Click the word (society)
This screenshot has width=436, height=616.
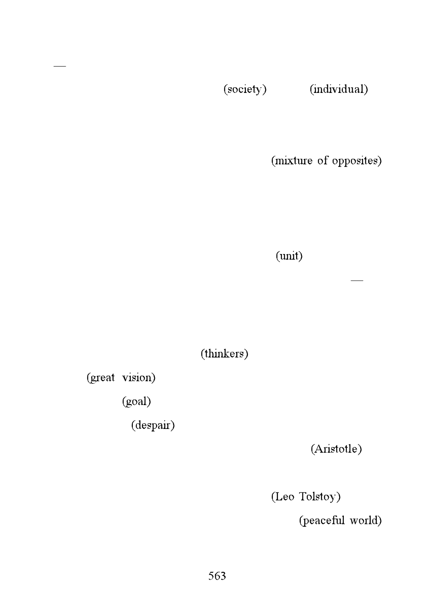point(245,90)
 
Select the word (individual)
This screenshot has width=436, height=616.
point(339,90)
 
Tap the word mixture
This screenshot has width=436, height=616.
point(292,161)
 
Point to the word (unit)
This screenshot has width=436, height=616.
point(289,256)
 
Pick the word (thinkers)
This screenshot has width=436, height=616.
point(224,354)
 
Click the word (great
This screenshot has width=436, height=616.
point(101,378)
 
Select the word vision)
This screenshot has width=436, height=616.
point(139,377)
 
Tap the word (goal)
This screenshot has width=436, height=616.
point(137,402)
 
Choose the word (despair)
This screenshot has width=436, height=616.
point(153,426)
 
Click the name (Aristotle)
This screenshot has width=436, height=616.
point(336,449)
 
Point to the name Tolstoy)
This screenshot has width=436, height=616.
point(320,497)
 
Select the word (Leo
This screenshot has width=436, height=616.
point(283,497)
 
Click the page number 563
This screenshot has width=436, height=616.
point(217,576)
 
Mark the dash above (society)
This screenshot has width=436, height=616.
point(60,66)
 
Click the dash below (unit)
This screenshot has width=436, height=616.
point(357,280)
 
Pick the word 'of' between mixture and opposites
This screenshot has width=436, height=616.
point(322,161)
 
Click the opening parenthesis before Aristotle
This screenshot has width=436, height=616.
point(312,449)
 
